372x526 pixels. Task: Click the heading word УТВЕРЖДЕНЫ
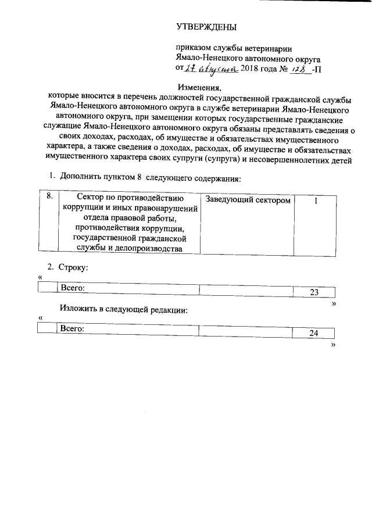click(206, 27)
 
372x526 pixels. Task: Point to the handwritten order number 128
click(298, 69)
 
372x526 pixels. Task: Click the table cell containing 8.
click(49, 198)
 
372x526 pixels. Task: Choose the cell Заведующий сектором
click(248, 200)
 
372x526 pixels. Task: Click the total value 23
click(314, 292)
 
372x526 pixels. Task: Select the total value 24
click(314, 333)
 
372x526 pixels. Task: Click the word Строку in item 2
click(73, 267)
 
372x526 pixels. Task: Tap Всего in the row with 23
click(73, 288)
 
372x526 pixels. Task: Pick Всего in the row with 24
click(73, 328)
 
